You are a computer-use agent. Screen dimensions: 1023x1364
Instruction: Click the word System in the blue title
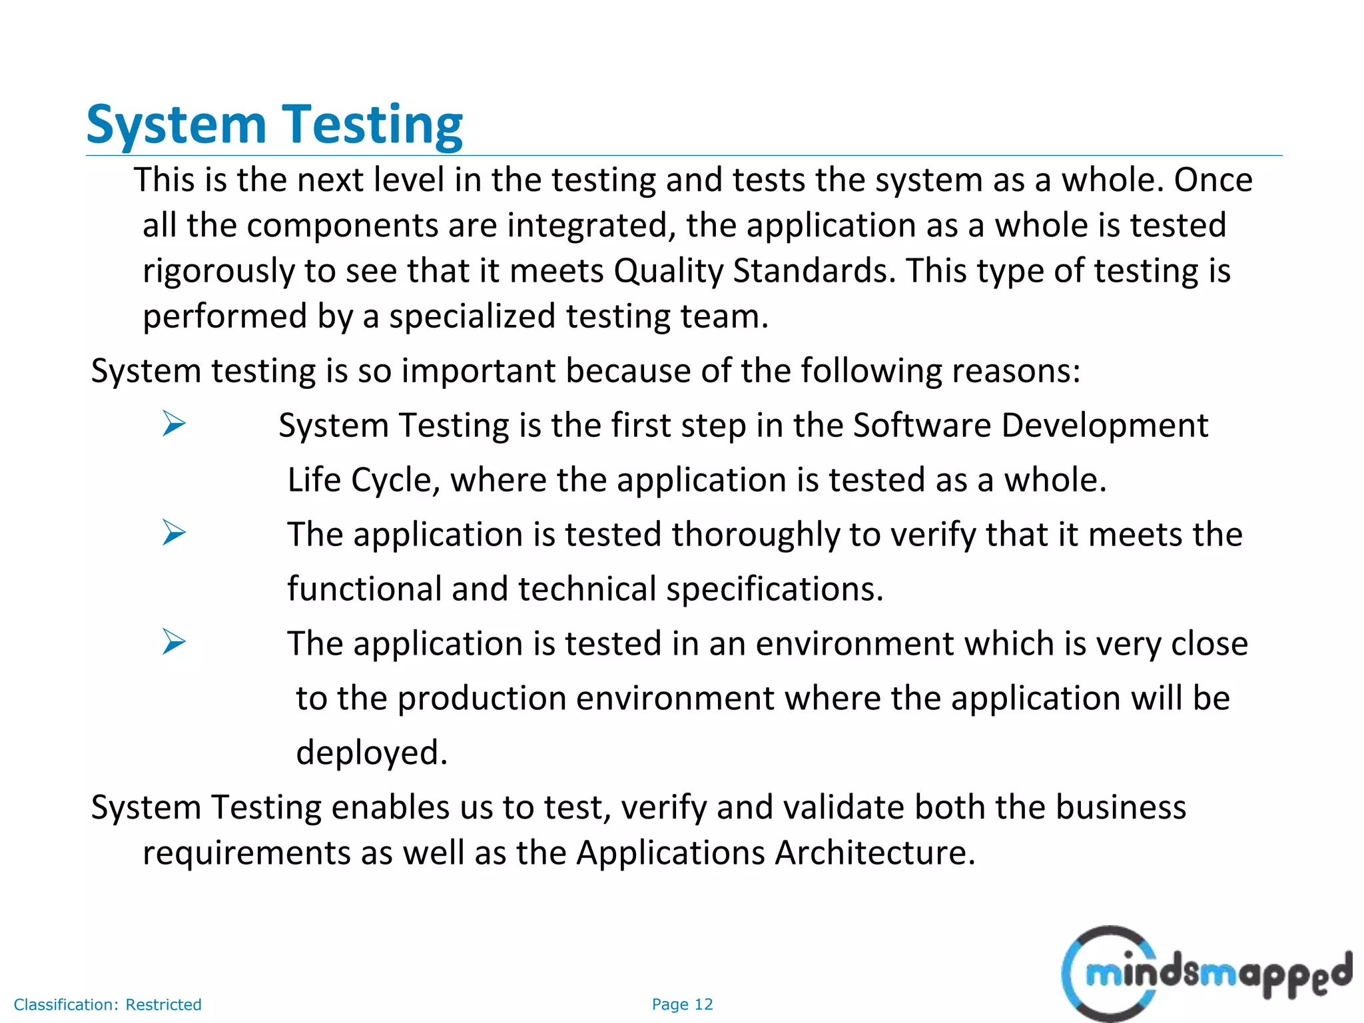point(176,125)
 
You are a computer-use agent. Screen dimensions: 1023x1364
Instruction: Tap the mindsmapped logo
point(1205,974)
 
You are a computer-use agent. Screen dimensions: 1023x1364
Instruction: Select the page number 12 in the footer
point(703,1004)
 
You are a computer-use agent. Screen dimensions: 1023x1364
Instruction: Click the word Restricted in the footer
point(163,1004)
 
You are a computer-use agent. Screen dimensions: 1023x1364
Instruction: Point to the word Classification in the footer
point(65,1004)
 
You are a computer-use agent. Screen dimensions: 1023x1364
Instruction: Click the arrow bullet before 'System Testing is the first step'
point(173,424)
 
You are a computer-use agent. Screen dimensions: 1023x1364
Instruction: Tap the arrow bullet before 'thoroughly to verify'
point(173,533)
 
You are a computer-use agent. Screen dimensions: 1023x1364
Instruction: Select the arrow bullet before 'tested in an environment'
point(173,642)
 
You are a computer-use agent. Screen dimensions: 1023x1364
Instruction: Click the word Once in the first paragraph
point(1213,180)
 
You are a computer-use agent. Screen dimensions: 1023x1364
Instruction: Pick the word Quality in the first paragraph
point(668,272)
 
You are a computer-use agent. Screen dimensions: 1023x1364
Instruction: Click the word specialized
point(472,316)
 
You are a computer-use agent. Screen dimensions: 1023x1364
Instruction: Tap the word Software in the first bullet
point(922,426)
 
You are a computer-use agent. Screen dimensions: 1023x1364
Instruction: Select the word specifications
point(775,589)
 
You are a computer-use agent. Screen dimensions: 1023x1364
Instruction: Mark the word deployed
point(372,753)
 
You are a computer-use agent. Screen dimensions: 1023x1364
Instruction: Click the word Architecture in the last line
point(874,853)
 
